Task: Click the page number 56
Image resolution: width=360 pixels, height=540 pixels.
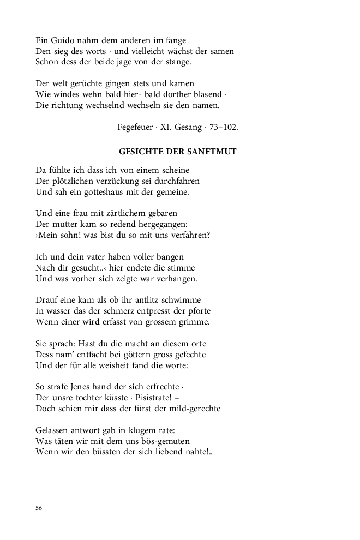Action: (x=39, y=508)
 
